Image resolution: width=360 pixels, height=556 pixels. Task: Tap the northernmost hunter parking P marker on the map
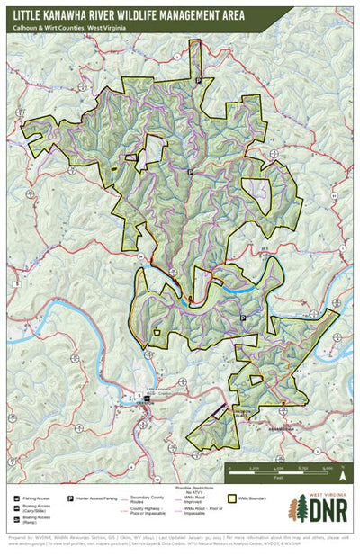198,81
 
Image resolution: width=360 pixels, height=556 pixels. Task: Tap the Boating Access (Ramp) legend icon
18,520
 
